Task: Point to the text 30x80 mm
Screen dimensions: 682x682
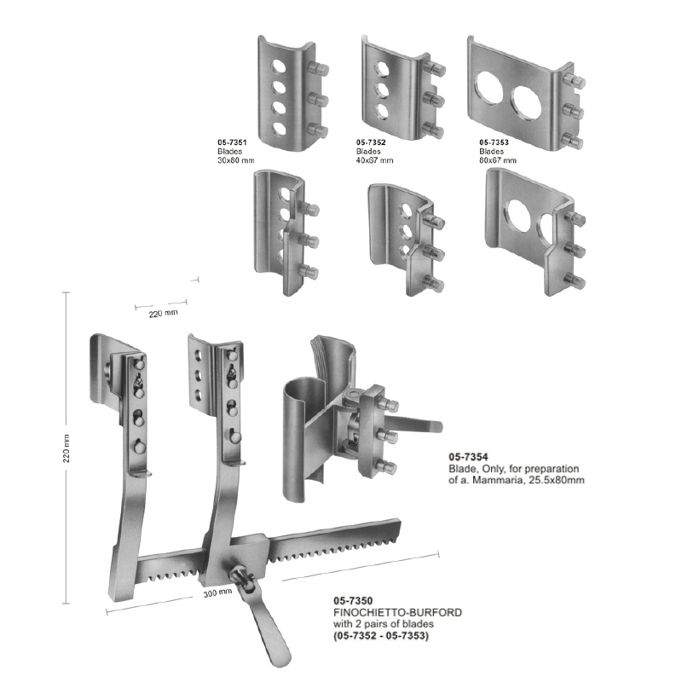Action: point(236,159)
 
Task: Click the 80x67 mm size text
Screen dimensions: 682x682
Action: point(498,159)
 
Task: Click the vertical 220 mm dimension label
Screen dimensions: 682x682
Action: point(66,447)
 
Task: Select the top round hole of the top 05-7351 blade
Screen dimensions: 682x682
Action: point(278,66)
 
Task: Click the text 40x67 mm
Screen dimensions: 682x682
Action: point(374,159)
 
